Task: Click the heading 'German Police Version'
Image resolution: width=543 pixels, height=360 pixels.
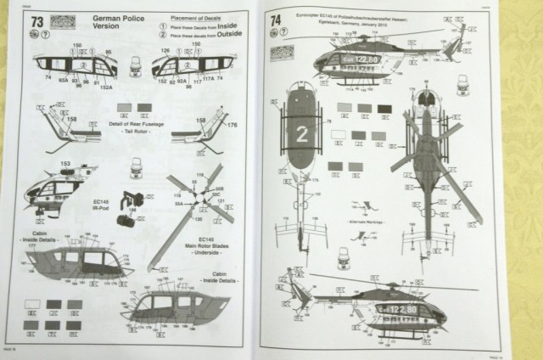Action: (x=91, y=23)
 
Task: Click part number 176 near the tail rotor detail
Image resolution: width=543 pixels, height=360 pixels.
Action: (x=232, y=127)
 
